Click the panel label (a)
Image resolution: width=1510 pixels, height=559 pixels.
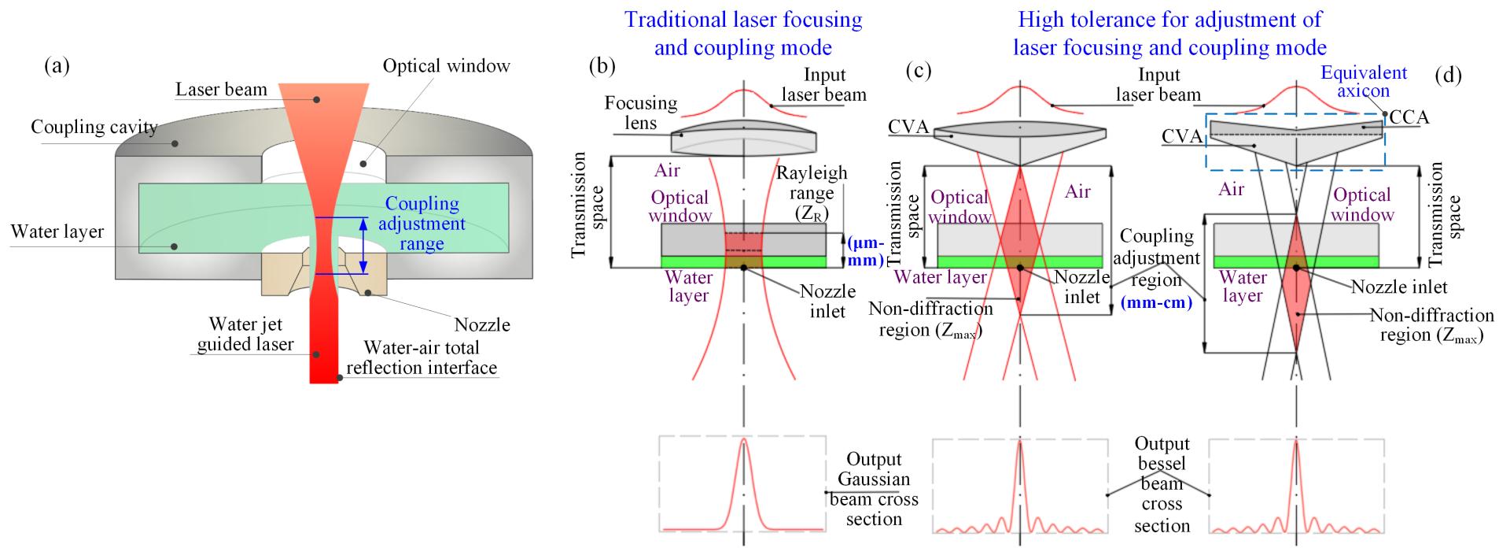(57, 66)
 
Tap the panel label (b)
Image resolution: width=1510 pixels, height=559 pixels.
(602, 66)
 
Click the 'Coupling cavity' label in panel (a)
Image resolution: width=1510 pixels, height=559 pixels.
(94, 127)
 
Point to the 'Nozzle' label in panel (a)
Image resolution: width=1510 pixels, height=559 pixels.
(482, 324)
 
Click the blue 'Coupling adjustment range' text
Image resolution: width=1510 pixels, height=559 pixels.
(422, 224)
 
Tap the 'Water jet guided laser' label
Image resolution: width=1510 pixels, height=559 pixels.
(245, 334)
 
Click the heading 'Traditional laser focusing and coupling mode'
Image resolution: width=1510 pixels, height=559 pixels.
(743, 33)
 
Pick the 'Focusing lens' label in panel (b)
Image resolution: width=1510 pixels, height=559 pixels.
(641, 112)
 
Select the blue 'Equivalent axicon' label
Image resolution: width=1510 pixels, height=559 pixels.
(1364, 82)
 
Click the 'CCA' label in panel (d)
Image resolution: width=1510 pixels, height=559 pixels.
(1409, 117)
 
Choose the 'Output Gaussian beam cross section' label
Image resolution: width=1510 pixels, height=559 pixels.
(874, 488)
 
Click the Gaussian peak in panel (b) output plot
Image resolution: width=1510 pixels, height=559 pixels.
(743, 443)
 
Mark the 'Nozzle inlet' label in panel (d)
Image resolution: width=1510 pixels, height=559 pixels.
(1399, 287)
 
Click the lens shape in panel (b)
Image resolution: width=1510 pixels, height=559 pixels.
(744, 139)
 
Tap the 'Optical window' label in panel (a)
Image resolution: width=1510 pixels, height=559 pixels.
(446, 65)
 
